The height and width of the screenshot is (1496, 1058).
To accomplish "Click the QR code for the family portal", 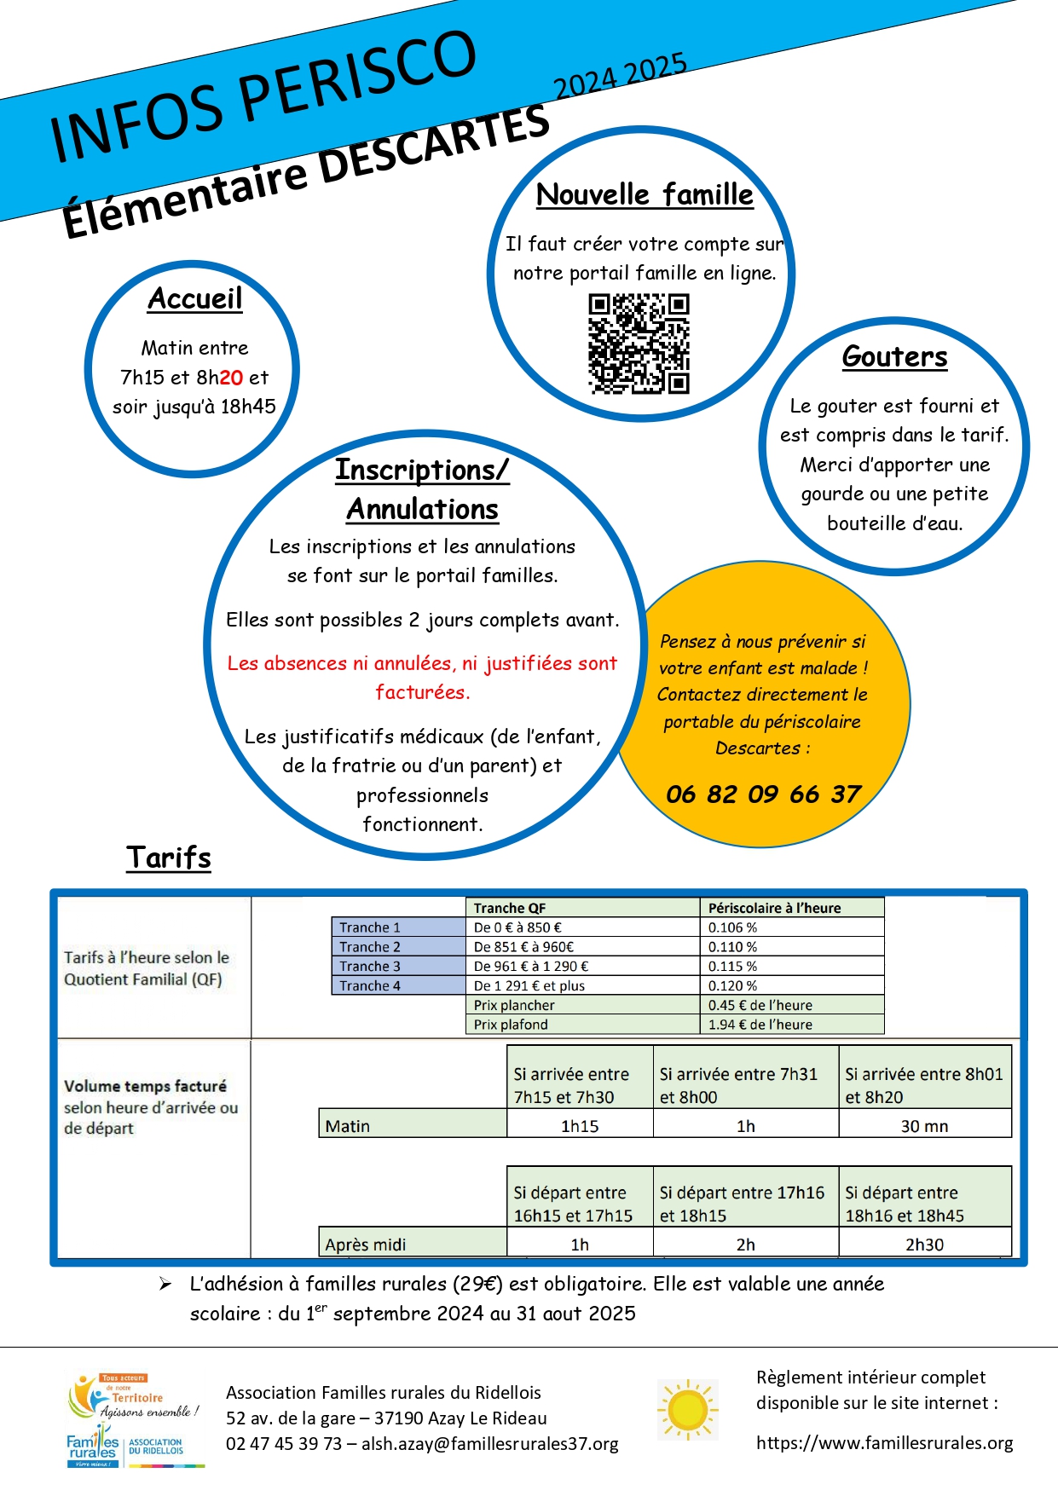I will click(639, 344).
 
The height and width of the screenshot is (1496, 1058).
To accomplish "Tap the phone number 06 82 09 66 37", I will click(763, 794).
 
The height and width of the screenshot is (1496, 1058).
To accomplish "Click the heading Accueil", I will click(195, 299).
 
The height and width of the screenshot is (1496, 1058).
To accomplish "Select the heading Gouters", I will click(894, 356).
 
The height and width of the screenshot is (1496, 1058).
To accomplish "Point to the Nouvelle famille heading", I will click(645, 195).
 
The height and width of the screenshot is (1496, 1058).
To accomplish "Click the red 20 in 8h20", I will click(231, 378).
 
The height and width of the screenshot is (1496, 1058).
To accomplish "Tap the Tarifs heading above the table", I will click(169, 858).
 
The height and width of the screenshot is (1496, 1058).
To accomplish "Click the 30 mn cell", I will click(924, 1126).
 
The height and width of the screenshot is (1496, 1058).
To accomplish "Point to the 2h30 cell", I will click(924, 1245).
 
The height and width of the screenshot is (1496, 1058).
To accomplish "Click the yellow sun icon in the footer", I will click(687, 1410).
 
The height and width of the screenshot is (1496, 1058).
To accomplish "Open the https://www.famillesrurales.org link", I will click(884, 1443).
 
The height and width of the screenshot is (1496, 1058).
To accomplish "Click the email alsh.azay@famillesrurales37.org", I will click(490, 1444).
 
